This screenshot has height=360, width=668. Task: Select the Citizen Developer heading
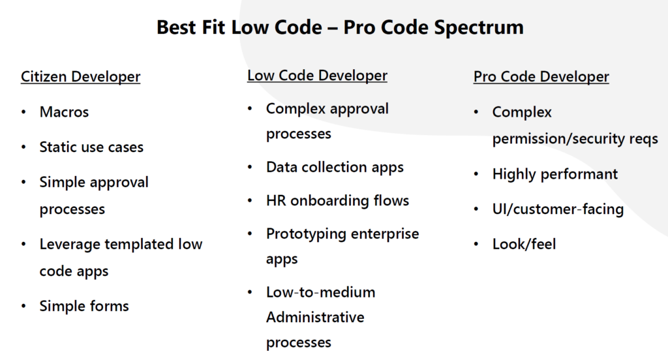coord(80,77)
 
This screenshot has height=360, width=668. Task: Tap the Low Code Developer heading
coord(317,76)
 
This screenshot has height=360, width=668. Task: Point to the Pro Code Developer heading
coord(541,77)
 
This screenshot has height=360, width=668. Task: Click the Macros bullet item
coord(64,112)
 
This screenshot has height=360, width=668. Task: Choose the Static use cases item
coord(91,147)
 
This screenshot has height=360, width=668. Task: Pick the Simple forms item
coord(84,307)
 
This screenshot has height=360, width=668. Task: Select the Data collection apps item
coord(335,168)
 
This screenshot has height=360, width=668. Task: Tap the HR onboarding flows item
coord(337,201)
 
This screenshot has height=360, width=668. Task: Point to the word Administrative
coord(315,318)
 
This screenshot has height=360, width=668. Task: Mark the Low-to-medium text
coord(320,292)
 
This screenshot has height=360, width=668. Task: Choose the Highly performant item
coord(554,175)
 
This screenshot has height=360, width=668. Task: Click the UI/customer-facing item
coord(558,209)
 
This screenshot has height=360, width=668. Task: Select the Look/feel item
coord(524,245)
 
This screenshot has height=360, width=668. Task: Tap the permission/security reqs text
coord(575,140)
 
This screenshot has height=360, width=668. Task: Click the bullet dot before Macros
coord(24,112)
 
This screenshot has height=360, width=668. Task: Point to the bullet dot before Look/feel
coord(477,245)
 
